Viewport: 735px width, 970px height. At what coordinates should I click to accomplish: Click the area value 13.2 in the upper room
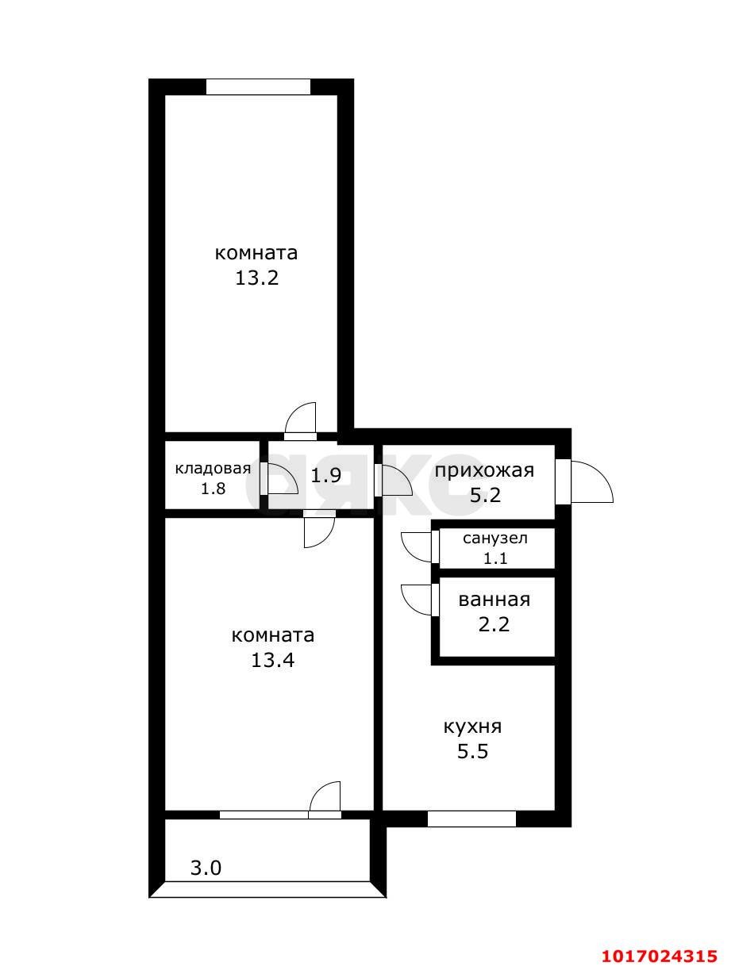tap(256, 278)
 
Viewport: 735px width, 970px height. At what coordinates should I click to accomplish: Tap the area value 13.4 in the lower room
tap(272, 660)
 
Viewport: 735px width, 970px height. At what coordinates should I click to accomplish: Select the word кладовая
tap(213, 468)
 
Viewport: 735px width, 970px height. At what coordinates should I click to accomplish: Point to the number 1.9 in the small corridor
tap(325, 476)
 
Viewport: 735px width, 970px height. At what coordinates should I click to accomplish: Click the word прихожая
tap(483, 470)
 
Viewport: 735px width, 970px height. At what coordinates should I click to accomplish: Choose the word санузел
tap(495, 538)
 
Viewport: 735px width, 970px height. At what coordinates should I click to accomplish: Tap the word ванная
tap(494, 600)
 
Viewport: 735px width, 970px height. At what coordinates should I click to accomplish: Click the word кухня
tap(472, 727)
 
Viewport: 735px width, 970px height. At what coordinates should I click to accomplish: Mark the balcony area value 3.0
tap(206, 868)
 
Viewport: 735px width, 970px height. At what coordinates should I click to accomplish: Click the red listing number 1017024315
tap(660, 956)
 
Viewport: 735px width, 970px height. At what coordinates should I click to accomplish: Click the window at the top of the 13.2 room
tap(258, 86)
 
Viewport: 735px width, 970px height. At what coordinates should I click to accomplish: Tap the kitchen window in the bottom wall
tap(471, 819)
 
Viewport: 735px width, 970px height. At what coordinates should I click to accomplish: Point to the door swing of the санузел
tap(417, 546)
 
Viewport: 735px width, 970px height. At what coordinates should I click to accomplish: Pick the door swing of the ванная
tap(417, 599)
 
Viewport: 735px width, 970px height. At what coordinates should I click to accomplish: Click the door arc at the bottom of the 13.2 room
tap(302, 418)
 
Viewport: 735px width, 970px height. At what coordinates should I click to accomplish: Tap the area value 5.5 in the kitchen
tap(472, 752)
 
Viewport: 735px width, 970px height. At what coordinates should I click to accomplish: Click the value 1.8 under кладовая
tap(213, 489)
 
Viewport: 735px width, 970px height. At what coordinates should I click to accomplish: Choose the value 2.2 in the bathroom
tap(494, 625)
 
